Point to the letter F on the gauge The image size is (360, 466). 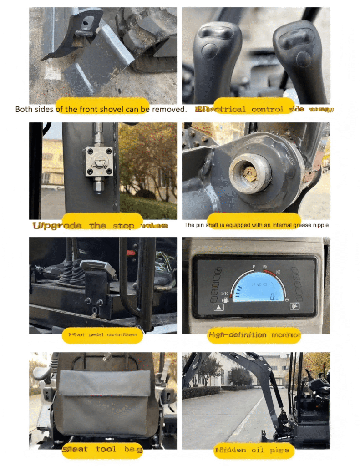254,266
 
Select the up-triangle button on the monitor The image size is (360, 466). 219,308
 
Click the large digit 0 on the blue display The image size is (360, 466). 272,297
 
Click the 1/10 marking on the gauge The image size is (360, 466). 224,293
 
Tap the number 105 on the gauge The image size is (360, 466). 278,272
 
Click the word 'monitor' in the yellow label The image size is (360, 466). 286,335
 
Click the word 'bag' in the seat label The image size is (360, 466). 132,450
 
